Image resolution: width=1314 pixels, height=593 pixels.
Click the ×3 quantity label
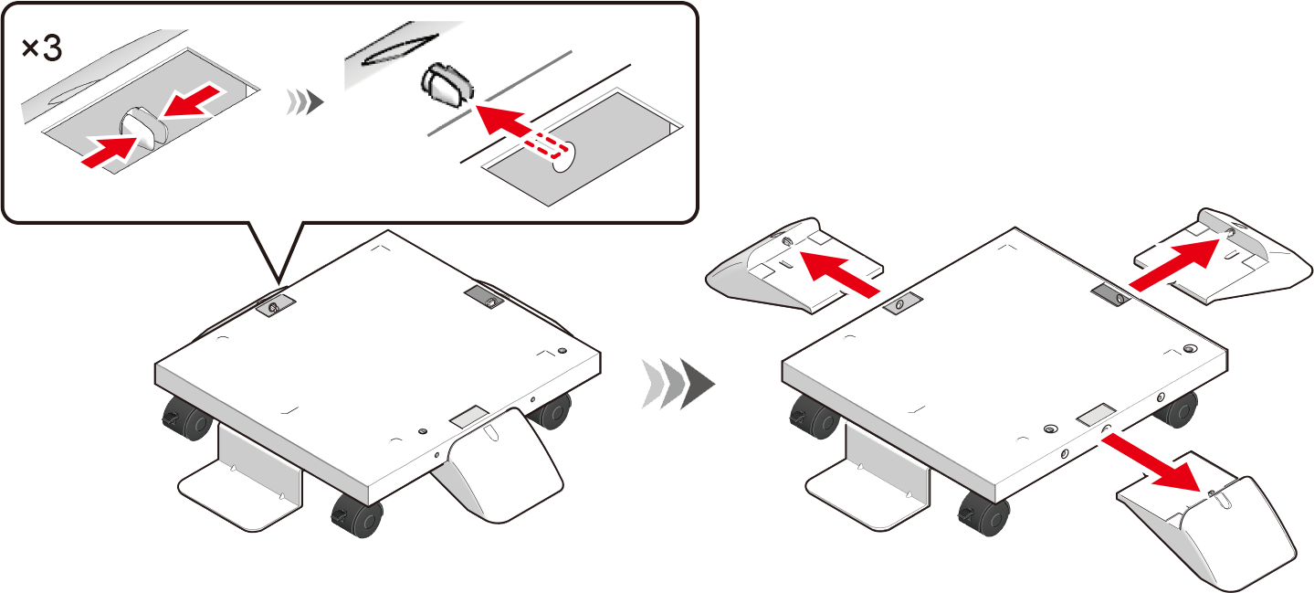(42, 48)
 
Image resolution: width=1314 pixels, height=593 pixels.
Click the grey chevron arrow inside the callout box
(304, 102)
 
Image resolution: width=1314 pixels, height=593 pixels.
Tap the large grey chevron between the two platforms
(678, 384)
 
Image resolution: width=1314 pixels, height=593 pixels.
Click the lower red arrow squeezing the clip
(111, 150)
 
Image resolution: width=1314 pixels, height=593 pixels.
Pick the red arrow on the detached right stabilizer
(1174, 265)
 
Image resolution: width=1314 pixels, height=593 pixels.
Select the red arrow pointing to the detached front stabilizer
(1150, 461)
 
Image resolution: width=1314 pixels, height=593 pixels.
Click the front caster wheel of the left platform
(357, 515)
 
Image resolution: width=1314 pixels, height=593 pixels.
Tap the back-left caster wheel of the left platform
(186, 418)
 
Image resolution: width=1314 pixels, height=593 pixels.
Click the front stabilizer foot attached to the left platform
(499, 465)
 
